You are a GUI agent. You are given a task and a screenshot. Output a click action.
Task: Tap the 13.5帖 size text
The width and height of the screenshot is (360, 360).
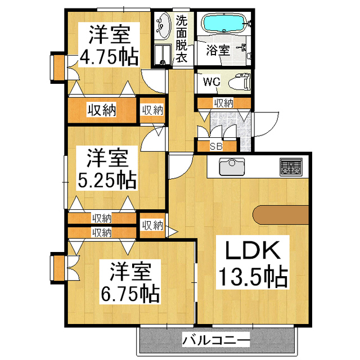253,276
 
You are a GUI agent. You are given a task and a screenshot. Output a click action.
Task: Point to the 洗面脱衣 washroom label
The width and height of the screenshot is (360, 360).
181,38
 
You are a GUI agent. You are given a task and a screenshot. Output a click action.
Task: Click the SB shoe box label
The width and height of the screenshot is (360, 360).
216,146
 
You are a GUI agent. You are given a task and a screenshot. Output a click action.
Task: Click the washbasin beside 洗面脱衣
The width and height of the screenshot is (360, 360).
163,26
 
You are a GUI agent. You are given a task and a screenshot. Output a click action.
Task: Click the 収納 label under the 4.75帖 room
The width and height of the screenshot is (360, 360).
101,110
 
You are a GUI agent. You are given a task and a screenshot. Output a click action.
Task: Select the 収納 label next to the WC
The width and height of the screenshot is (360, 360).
224,102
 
